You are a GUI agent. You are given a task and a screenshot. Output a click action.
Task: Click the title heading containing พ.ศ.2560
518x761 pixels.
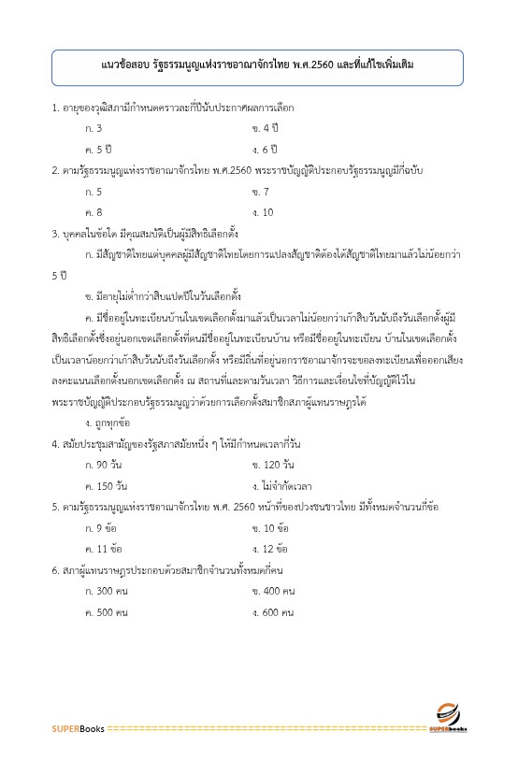[x=258, y=67]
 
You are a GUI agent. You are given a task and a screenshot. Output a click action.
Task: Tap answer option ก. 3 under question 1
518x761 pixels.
[x=94, y=127]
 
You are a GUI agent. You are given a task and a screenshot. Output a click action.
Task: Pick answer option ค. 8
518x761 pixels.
[x=94, y=212]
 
